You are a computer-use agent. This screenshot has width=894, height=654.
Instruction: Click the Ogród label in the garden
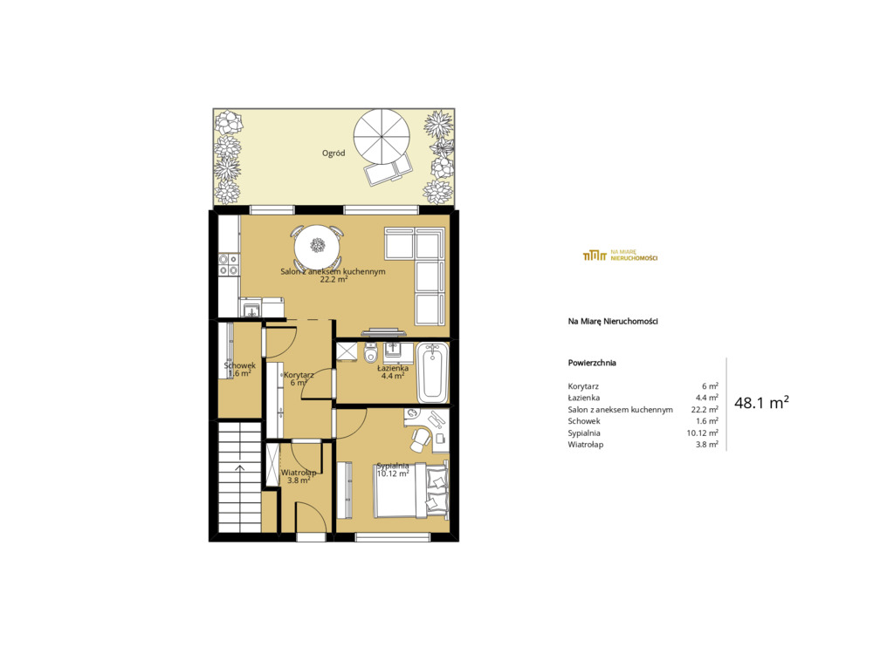(334, 153)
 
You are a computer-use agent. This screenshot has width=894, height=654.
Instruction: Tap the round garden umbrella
(382, 137)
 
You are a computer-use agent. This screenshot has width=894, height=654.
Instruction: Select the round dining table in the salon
(317, 246)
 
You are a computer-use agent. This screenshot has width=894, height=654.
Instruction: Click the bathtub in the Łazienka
(433, 372)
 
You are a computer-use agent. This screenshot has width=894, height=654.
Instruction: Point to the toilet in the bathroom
(370, 354)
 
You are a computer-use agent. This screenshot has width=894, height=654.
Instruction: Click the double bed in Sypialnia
(410, 490)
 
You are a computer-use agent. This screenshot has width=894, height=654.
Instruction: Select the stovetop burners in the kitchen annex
(229, 265)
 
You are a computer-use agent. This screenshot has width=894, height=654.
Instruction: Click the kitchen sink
(251, 310)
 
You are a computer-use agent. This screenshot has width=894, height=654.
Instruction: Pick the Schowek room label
(239, 365)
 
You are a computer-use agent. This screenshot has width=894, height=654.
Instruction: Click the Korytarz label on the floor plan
(299, 376)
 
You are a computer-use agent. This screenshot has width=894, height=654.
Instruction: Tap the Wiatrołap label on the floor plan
(299, 473)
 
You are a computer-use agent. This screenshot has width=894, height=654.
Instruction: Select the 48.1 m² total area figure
(761, 403)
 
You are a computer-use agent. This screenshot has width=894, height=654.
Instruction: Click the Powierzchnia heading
(592, 363)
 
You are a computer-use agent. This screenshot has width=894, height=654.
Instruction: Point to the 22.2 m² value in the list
(705, 410)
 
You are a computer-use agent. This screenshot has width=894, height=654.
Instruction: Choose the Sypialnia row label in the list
(584, 433)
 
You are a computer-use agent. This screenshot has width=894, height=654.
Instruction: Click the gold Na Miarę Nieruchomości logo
(620, 255)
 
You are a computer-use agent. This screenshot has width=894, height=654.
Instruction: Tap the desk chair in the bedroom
(421, 438)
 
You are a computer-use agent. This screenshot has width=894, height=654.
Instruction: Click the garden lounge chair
(389, 170)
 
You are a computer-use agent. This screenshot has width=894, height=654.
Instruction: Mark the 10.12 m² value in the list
(703, 433)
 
